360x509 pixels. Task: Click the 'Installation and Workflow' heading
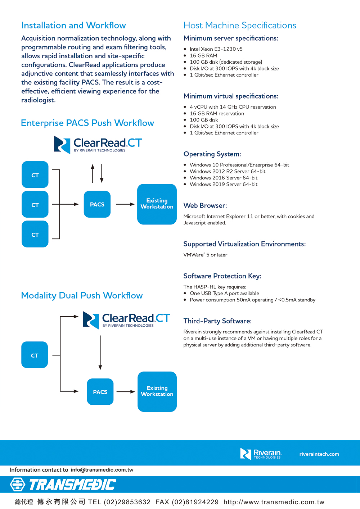[x=73, y=26]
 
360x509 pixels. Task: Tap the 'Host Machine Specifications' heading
[x=240, y=26]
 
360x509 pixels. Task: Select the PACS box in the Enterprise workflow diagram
[x=97, y=204]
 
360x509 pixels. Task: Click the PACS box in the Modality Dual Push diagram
[x=100, y=392]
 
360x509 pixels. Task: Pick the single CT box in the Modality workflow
[x=35, y=355]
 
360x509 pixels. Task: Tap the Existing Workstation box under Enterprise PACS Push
[x=157, y=204]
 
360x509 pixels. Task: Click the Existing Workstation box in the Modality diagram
[x=157, y=391]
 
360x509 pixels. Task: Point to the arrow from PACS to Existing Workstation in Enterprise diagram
[x=125, y=204]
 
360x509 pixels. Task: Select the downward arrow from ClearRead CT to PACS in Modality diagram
[x=100, y=353]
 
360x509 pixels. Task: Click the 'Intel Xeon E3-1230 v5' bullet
[x=216, y=49]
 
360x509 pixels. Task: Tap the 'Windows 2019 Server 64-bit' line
[x=224, y=185]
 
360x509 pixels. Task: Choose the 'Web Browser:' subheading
[x=205, y=206]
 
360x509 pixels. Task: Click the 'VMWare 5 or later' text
[x=205, y=255]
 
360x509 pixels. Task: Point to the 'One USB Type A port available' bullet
[x=224, y=294]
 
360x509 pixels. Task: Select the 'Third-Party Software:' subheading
[x=217, y=321]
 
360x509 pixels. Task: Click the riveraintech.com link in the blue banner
[x=319, y=454]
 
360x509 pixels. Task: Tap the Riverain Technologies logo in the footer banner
[x=261, y=454]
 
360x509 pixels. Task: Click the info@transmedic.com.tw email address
[x=102, y=470]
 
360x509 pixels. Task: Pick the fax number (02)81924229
[x=195, y=502]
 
